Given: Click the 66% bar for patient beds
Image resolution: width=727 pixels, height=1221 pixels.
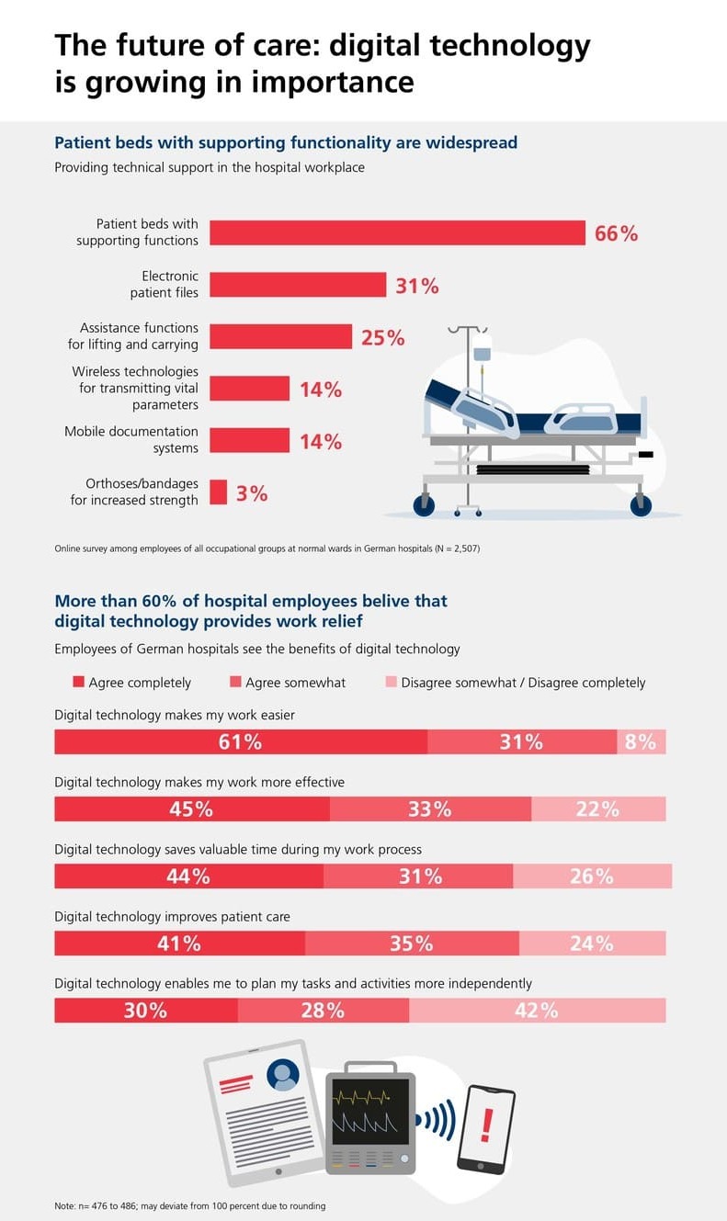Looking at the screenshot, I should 397,232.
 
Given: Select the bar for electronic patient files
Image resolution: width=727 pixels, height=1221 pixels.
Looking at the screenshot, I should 298,285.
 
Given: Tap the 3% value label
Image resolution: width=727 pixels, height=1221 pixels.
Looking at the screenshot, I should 252,493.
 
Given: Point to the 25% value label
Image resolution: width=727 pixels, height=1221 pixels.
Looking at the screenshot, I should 382,337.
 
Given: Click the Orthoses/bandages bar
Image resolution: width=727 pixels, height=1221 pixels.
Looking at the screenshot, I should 218,492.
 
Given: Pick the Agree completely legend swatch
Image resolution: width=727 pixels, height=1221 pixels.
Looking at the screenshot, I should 78,683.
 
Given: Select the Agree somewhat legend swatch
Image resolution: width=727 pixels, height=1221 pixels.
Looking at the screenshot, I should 235,683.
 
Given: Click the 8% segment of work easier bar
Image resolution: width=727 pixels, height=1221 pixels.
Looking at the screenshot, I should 641,742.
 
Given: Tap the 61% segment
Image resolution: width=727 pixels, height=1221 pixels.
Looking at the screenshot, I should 241,742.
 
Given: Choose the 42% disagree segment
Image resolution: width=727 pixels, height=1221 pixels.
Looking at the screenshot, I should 537,1011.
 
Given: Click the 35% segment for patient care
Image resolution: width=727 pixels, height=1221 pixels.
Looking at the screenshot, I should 412,944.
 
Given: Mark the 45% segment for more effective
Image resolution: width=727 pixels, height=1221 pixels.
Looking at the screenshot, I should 191,809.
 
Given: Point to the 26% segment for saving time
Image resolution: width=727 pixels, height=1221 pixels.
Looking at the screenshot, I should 591,876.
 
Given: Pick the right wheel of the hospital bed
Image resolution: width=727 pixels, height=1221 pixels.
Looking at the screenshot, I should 641,505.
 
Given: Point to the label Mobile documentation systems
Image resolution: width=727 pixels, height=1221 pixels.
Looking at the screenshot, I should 131,440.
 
